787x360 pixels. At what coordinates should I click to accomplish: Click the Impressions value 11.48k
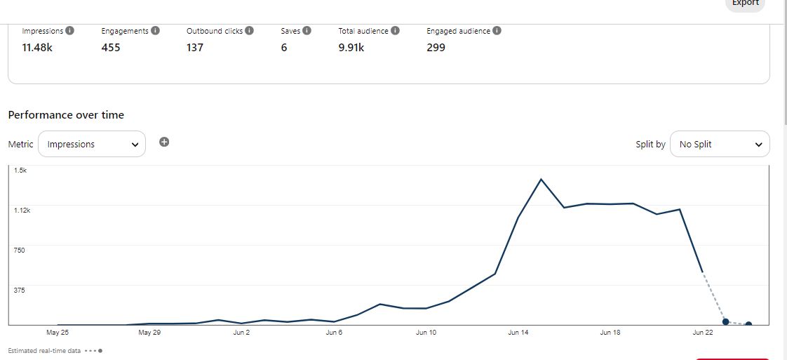tap(37, 48)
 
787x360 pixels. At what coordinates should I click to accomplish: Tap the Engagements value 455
tap(111, 48)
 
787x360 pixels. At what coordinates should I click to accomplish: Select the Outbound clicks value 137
tap(195, 48)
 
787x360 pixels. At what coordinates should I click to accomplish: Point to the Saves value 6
tap(284, 48)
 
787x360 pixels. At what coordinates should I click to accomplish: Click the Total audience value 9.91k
tap(352, 48)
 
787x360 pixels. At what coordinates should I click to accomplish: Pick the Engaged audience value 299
tap(436, 48)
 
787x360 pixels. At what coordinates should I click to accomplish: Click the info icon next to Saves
tap(307, 31)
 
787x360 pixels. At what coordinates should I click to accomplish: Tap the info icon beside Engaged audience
tap(497, 31)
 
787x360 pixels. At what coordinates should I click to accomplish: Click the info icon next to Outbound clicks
tap(249, 31)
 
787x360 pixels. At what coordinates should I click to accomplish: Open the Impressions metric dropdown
tap(92, 144)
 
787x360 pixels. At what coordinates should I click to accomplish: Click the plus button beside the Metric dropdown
tap(164, 142)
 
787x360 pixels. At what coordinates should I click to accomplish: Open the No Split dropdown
tap(720, 144)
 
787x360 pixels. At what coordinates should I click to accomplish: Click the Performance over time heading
tap(66, 115)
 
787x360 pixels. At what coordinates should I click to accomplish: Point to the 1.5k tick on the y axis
tap(20, 171)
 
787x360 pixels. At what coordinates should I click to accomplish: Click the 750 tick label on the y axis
tap(19, 251)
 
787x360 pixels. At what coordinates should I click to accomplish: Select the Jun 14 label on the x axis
tap(518, 333)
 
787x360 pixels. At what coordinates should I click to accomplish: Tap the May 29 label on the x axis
tap(149, 333)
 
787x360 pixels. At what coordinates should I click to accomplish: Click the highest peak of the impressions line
tap(541, 179)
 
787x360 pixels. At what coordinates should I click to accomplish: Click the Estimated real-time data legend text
tap(44, 350)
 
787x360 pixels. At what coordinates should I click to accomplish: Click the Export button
tap(745, 4)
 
